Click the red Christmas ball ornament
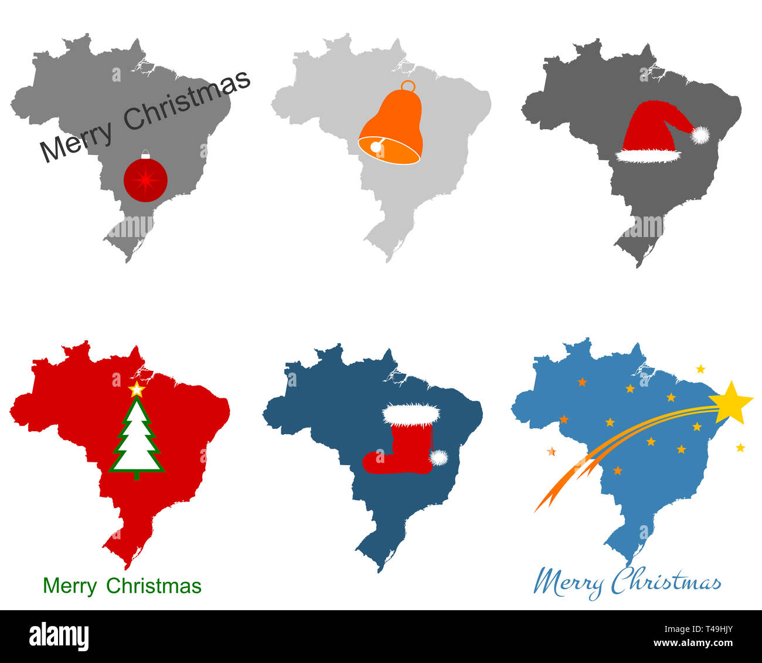145,179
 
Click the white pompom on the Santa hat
700,135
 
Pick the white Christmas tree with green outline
137,440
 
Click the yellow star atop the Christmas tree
137,389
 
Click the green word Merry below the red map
70,586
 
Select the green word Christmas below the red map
154,586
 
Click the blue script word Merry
567,583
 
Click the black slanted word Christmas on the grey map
188,100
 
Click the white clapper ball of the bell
375,147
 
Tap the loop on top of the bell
408,87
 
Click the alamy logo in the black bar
59,636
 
